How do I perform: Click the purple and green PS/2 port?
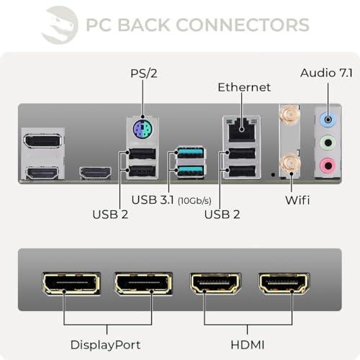click(143, 129)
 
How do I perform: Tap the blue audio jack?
click(328, 119)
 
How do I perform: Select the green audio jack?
click(328, 143)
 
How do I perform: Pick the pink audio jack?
click(328, 166)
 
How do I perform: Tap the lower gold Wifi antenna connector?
click(290, 164)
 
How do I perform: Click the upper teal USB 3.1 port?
click(191, 153)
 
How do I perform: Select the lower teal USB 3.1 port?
click(191, 171)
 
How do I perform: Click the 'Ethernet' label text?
click(244, 87)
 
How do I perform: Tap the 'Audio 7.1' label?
click(326, 73)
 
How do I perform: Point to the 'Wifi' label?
click(297, 200)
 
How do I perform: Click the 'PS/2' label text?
click(144, 73)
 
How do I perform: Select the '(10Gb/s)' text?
click(194, 201)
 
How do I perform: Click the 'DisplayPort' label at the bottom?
click(105, 345)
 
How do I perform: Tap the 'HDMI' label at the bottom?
click(248, 345)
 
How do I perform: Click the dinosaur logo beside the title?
click(60, 25)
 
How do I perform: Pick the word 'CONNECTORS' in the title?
click(243, 24)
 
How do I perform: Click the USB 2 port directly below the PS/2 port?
click(143, 154)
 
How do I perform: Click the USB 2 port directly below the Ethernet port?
click(242, 153)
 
